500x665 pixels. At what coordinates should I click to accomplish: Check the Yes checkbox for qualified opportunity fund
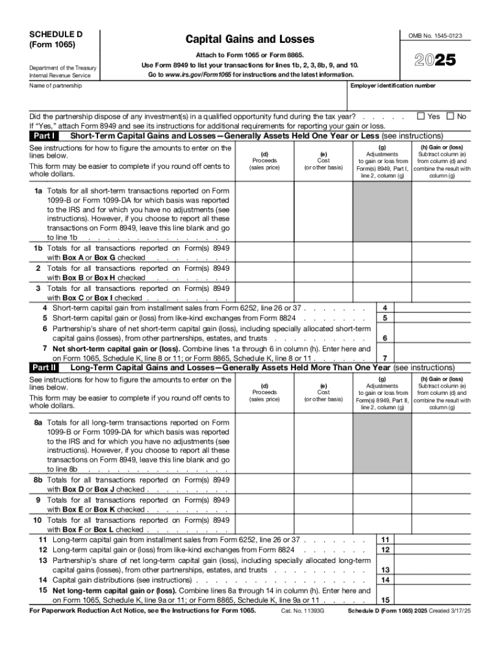click(x=421, y=116)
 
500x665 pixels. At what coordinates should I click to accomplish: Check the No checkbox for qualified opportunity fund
click(x=451, y=116)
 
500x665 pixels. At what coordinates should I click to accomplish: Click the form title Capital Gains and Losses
click(x=249, y=40)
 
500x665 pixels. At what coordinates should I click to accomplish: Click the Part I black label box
click(x=44, y=136)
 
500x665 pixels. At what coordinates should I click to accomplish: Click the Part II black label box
click(x=44, y=368)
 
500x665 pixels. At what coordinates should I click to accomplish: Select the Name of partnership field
click(x=182, y=94)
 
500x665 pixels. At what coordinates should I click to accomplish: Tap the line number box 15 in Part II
click(x=385, y=600)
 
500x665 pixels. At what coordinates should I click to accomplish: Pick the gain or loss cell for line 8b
click(x=442, y=484)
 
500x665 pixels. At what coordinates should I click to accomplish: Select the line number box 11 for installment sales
click(x=385, y=540)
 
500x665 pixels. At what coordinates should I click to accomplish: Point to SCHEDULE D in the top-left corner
click(x=51, y=33)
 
